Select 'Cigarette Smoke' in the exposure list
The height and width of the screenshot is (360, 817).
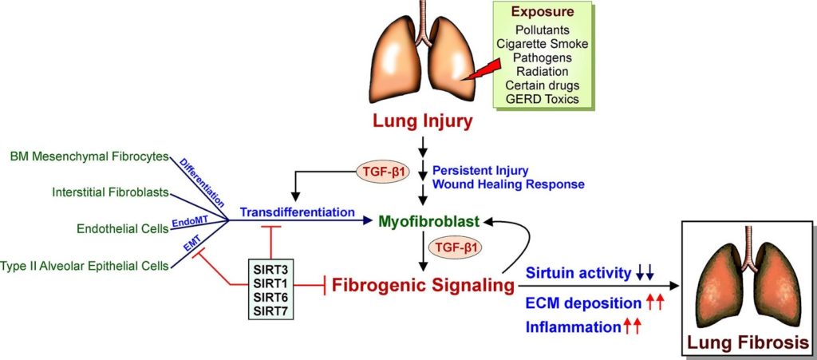[x=543, y=45]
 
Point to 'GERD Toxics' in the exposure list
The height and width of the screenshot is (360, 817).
[x=543, y=100]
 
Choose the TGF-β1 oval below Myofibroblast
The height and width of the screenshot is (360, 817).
[x=451, y=246]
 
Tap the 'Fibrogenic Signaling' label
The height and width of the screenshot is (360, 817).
[x=421, y=284]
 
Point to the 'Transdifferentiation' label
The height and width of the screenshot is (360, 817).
[x=297, y=213]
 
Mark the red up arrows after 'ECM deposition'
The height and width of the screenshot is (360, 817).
[x=656, y=303]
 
